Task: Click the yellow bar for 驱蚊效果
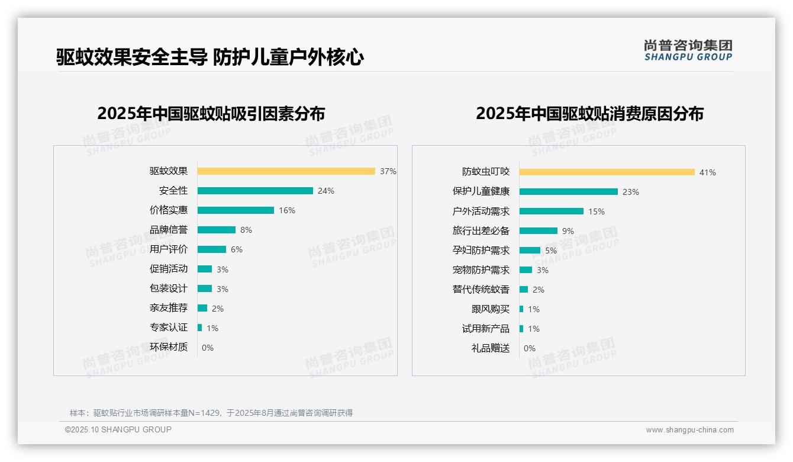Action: [x=286, y=171]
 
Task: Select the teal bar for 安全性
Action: [x=255, y=191]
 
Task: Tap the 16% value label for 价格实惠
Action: [x=287, y=210]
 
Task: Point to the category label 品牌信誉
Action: [x=168, y=230]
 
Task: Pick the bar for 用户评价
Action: [x=212, y=249]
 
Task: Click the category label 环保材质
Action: [x=168, y=347]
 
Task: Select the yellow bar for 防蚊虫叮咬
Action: [x=607, y=172]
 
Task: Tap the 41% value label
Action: [x=707, y=172]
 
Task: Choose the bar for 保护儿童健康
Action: [x=568, y=192]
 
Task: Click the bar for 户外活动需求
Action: [x=551, y=211]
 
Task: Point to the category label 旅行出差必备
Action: [x=481, y=231]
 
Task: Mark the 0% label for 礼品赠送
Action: [x=529, y=348]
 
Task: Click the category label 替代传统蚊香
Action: [x=481, y=290]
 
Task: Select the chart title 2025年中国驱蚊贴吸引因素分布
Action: [x=211, y=114]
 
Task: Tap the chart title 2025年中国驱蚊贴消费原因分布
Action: [x=589, y=114]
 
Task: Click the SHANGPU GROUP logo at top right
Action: [x=688, y=50]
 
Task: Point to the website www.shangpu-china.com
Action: [x=689, y=430]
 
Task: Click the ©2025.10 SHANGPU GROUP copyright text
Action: [x=118, y=429]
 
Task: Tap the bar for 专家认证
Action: [x=200, y=328]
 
